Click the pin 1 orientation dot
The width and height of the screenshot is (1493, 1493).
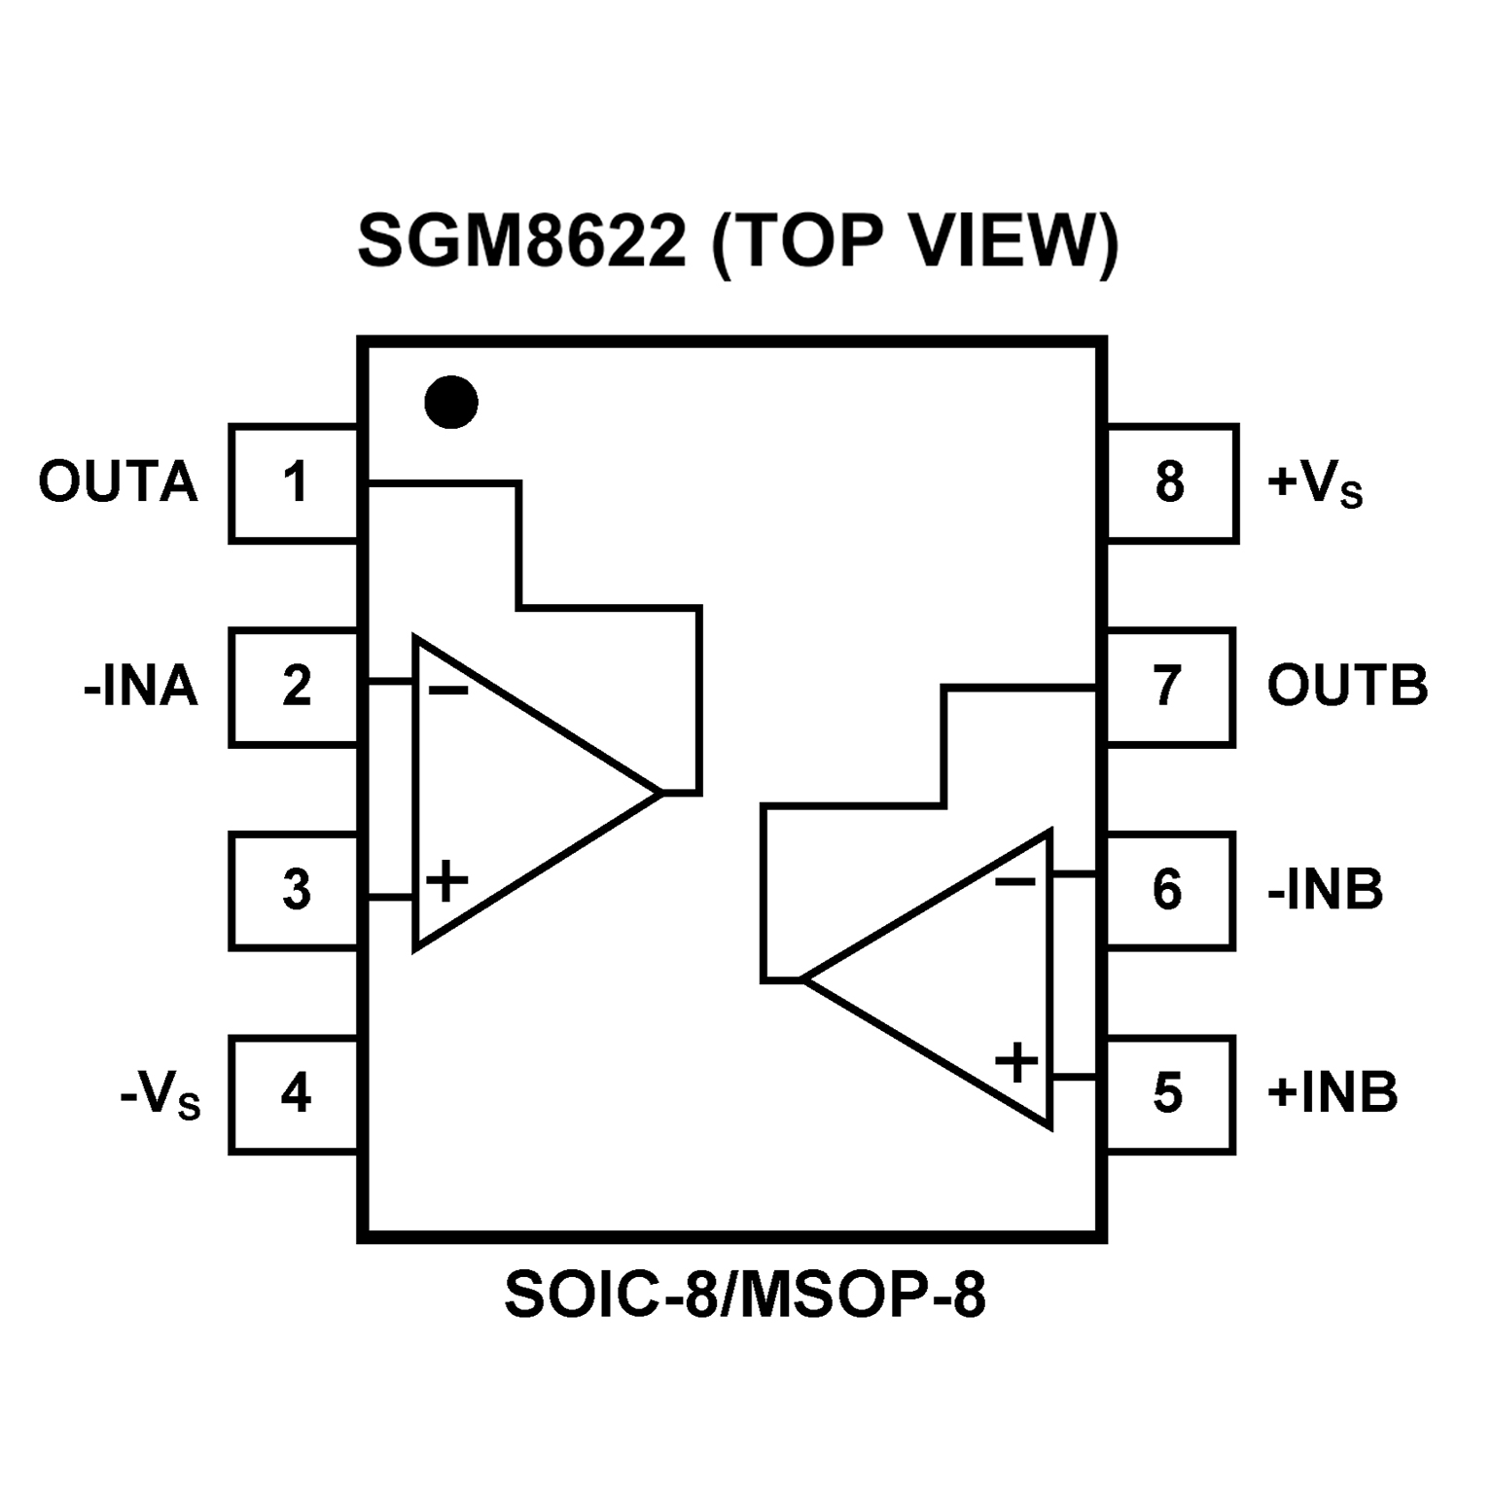tap(451, 402)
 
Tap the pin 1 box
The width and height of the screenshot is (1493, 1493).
tap(295, 483)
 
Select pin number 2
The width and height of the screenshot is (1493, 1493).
tap(295, 687)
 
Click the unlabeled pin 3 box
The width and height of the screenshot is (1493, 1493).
tap(295, 890)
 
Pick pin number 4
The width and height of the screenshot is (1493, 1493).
tap(295, 1094)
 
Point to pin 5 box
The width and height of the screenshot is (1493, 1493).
tap(1169, 1094)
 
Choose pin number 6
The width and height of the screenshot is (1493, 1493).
tap(1169, 890)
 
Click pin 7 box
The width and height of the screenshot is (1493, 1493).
tap(1169, 687)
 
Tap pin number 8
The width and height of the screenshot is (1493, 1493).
tap(1170, 483)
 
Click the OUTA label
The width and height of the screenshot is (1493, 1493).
tap(118, 483)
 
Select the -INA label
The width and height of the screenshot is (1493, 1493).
tap(141, 687)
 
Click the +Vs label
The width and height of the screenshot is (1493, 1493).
tap(1314, 484)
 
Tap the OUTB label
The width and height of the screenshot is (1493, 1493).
tap(1347, 687)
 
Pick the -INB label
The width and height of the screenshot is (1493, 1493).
tap(1325, 890)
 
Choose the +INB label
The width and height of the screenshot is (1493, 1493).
tap(1332, 1093)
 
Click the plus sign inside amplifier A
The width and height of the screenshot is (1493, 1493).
tap(447, 881)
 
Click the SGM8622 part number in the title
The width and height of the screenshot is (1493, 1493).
tap(522, 242)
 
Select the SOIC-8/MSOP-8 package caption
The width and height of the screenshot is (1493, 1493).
tap(745, 1295)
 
